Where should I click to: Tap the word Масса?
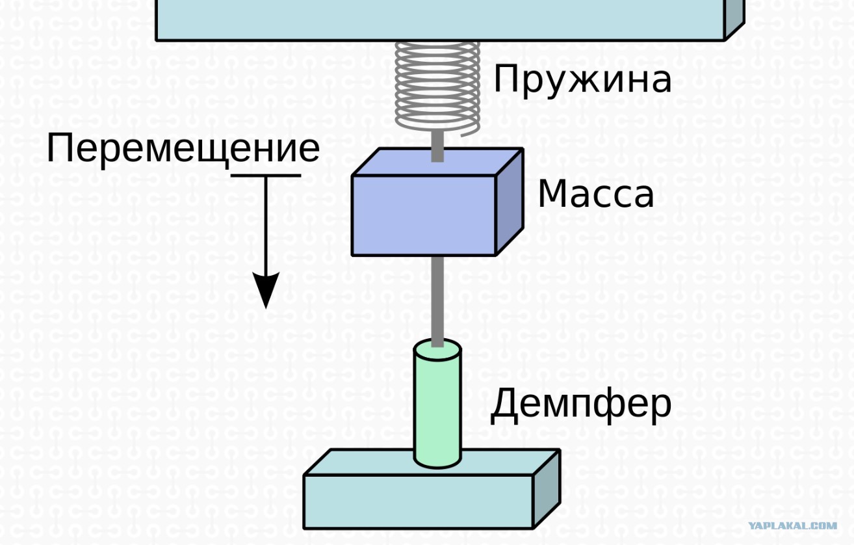(596, 194)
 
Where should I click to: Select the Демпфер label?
(580, 405)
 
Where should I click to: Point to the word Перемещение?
(183, 150)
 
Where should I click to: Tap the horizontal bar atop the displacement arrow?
(266, 176)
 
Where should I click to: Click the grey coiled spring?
(437, 86)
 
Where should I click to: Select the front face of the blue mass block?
(424, 215)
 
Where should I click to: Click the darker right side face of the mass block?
(510, 202)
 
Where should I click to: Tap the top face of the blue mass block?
(437, 162)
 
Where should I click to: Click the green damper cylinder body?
(437, 408)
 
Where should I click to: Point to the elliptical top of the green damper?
(437, 349)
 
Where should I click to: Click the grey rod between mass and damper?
(437, 301)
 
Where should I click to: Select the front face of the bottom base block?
(419, 501)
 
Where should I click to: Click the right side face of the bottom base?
(547, 489)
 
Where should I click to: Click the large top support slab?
(441, 19)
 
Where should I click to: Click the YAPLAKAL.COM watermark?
(793, 526)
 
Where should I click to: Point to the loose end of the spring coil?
(462, 135)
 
